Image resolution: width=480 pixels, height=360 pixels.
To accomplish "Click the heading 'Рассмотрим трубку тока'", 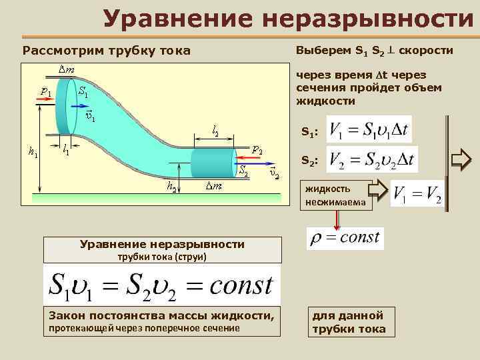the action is [107, 51].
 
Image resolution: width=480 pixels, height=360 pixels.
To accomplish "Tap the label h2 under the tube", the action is [173, 189].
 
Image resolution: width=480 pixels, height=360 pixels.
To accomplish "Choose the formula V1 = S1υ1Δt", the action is [371, 129].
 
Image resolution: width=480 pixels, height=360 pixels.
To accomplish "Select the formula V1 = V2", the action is [417, 194].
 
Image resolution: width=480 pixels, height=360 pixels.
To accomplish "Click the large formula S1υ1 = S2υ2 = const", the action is [160, 285].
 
